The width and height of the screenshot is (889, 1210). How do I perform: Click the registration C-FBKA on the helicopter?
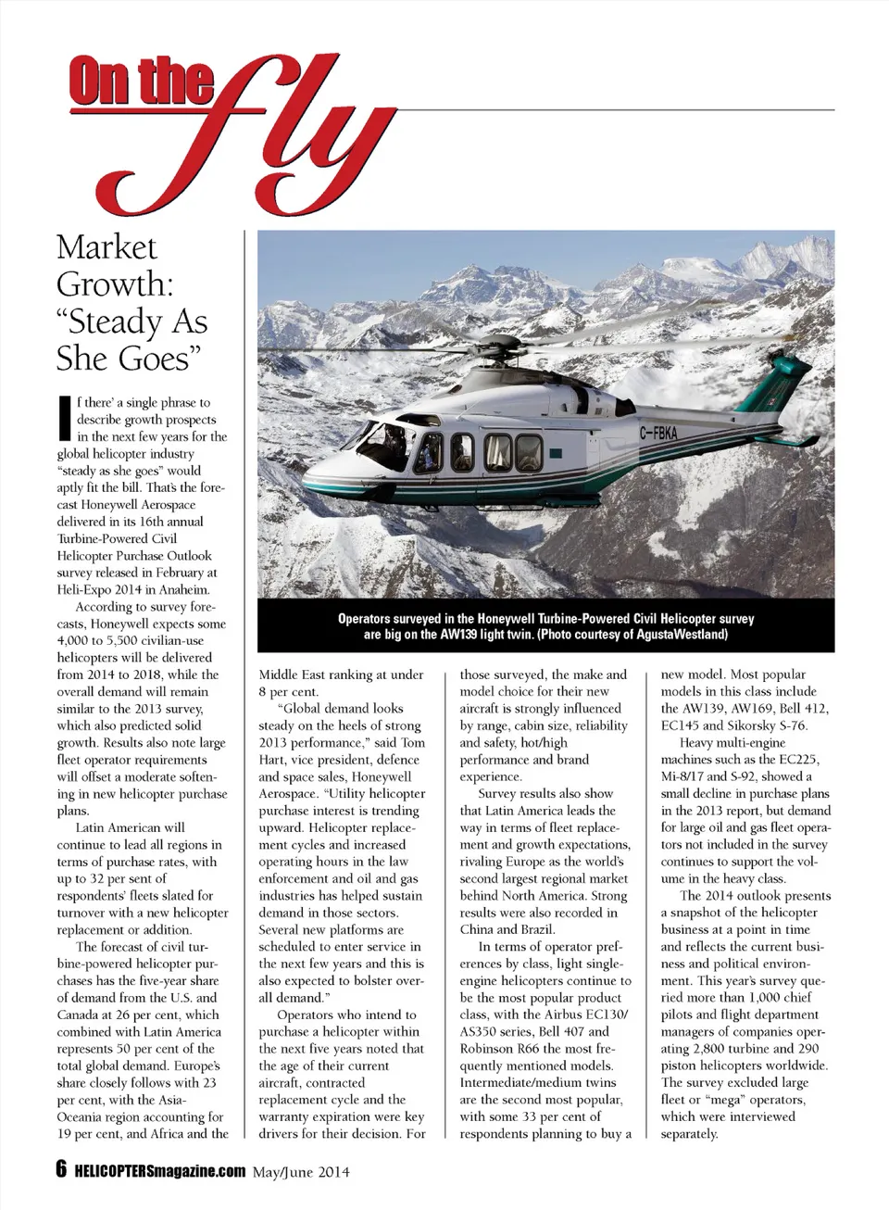(658, 431)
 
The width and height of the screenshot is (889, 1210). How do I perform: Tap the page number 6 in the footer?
(62, 1169)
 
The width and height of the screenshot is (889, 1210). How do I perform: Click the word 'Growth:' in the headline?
(115, 284)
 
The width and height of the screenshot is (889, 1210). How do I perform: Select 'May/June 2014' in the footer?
(301, 1172)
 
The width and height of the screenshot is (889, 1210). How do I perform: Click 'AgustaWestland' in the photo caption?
(682, 635)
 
